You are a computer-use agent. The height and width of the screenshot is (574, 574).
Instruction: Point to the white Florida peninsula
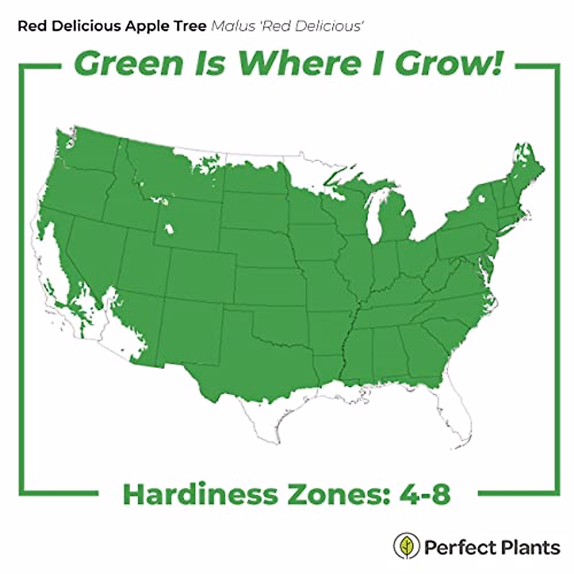(x=457, y=421)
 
